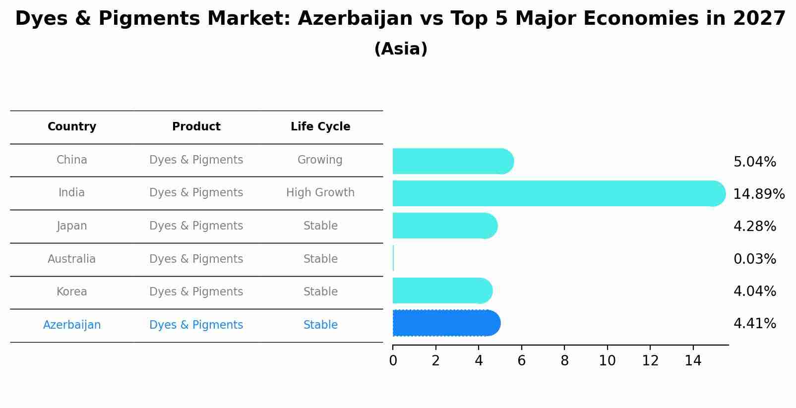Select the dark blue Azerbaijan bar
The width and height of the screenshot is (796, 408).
446,323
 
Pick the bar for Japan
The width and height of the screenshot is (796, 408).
444,226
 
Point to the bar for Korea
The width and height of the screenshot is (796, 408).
442,291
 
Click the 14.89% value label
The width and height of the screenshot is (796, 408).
759,194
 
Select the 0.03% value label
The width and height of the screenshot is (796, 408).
754,259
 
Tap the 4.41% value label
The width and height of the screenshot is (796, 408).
754,324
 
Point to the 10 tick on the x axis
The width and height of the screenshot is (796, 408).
607,361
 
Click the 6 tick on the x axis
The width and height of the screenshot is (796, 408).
521,361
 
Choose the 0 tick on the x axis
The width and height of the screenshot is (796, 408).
393,361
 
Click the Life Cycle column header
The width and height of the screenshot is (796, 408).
320,127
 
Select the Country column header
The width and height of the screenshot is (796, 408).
72,127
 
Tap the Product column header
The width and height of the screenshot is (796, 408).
196,127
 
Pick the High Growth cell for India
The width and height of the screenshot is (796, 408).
320,192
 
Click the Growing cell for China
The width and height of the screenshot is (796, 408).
320,160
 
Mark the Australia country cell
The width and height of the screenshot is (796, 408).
72,259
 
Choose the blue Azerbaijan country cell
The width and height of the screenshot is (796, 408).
72,325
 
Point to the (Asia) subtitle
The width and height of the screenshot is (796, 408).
401,49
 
